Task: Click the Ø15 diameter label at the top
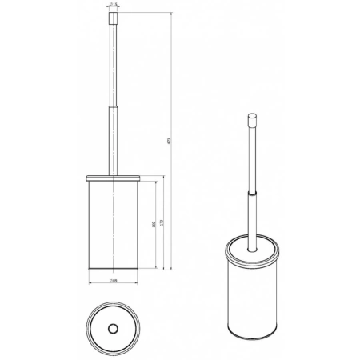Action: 114,5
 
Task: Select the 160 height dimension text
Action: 153,226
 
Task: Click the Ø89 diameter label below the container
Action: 114,281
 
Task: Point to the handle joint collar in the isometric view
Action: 250,194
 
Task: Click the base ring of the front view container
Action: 114,267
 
